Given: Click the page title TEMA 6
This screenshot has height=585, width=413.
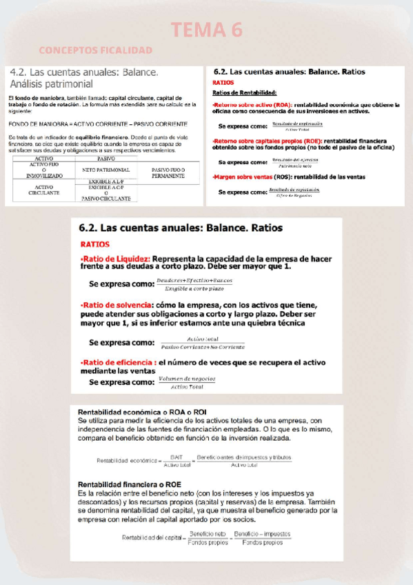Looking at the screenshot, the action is click(206, 30).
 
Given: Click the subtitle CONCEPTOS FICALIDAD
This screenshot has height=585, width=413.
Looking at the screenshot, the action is click(96, 50).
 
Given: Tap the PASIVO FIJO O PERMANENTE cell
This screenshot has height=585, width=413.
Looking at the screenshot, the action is click(168, 172).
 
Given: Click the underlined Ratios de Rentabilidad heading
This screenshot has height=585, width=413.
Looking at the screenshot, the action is click(244, 92).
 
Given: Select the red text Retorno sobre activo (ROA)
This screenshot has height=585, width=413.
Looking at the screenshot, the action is click(252, 106).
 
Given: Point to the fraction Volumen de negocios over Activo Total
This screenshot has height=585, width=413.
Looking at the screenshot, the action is click(186, 382).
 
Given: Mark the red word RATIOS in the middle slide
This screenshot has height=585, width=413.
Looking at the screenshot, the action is click(94, 244).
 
